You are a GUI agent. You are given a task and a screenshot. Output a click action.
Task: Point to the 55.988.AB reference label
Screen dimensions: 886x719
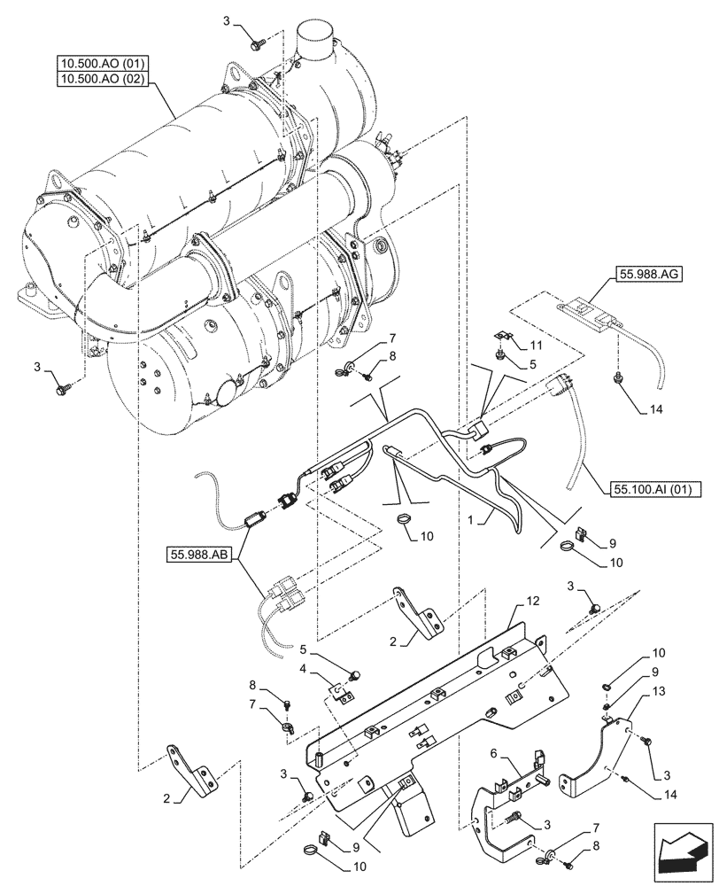[197, 556]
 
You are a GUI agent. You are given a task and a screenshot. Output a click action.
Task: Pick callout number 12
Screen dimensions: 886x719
[532, 602]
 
